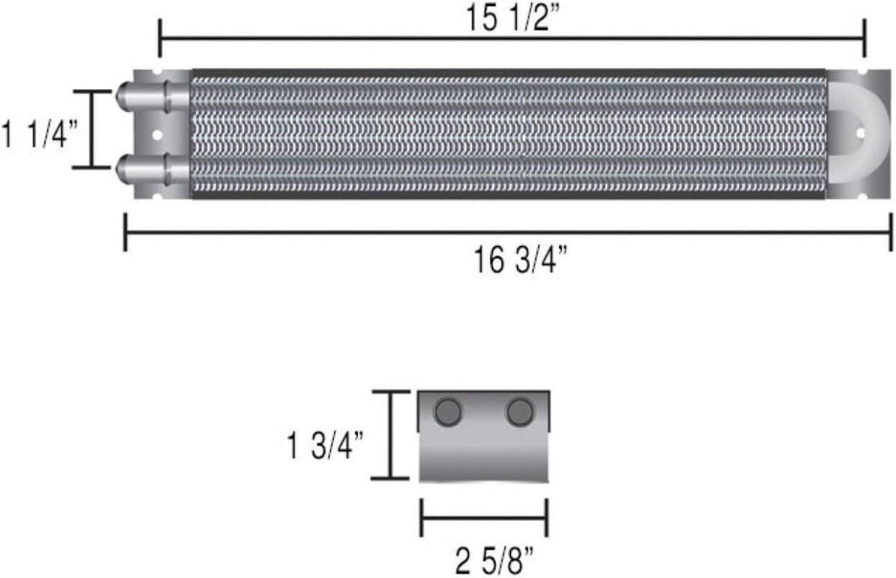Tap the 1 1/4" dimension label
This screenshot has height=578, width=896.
(x=40, y=136)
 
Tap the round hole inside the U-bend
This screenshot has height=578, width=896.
(x=859, y=134)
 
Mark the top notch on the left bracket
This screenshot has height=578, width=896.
(x=158, y=74)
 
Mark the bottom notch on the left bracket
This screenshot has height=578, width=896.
(x=158, y=195)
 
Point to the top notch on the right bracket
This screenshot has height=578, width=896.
(x=863, y=74)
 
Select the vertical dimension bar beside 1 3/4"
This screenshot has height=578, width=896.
(x=389, y=435)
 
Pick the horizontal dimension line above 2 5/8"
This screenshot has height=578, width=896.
(x=484, y=518)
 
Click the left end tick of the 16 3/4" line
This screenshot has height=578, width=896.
(x=126, y=234)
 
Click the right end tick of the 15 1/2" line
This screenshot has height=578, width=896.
(x=864, y=39)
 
